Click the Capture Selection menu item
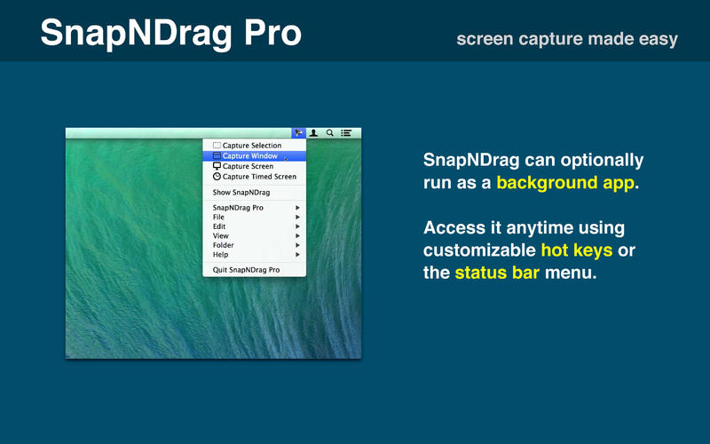point(252,146)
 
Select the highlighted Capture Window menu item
point(250,156)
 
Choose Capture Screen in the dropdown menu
point(248,166)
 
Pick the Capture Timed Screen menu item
point(259,177)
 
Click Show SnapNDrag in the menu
point(241,192)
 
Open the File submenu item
point(219,217)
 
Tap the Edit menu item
point(219,226)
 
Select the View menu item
point(221,236)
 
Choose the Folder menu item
point(224,245)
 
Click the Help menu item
point(221,255)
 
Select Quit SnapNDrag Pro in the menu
point(246,269)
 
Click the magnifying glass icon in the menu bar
point(330,133)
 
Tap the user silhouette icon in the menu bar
point(313,133)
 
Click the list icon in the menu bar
point(346,133)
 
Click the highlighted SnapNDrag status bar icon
point(299,133)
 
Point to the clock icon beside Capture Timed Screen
point(217,177)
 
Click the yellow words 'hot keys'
point(577,250)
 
